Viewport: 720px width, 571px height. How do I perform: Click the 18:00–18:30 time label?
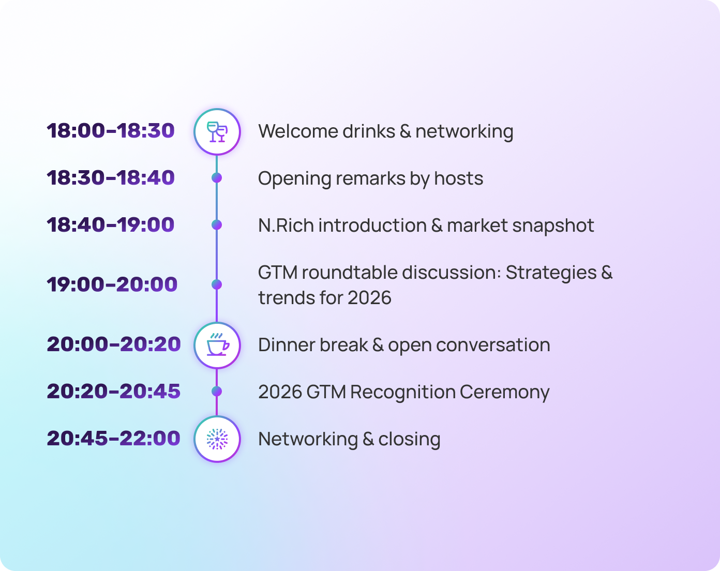pyautogui.click(x=111, y=131)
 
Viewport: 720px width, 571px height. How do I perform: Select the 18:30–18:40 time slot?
pyautogui.click(x=111, y=178)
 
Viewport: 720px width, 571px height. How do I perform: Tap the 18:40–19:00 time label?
pyautogui.click(x=111, y=225)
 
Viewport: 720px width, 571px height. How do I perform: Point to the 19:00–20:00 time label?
pyautogui.click(x=112, y=284)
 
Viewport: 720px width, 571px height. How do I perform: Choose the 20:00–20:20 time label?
pyautogui.click(x=114, y=344)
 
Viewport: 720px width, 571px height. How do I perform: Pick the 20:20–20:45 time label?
pyautogui.click(x=114, y=392)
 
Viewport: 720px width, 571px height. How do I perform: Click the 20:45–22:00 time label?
pyautogui.click(x=114, y=439)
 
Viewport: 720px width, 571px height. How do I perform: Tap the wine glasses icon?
pyautogui.click(x=217, y=131)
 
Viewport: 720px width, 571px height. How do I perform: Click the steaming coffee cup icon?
pyautogui.click(x=217, y=345)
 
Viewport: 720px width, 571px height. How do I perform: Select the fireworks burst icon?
pyautogui.click(x=217, y=439)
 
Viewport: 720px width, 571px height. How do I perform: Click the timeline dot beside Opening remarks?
pyautogui.click(x=217, y=178)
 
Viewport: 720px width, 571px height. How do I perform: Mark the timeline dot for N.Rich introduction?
pyautogui.click(x=217, y=225)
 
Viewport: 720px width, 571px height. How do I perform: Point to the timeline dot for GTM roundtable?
pyautogui.click(x=217, y=284)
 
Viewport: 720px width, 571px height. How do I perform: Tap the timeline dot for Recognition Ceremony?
pyautogui.click(x=217, y=392)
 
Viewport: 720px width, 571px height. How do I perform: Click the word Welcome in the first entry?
pyautogui.click(x=290, y=131)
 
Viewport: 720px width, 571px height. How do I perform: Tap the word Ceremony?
pyautogui.click(x=504, y=392)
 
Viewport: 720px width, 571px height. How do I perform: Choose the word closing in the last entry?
pyautogui.click(x=409, y=439)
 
